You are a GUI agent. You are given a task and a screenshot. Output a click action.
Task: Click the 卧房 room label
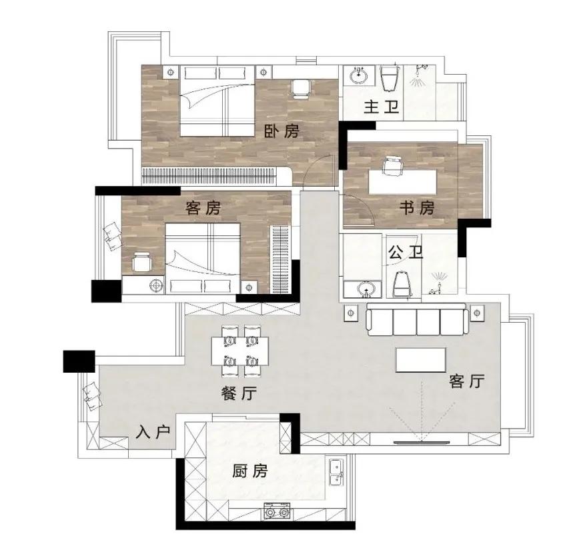pyautogui.click(x=281, y=131)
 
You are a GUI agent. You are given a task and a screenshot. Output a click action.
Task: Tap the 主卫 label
pyautogui.click(x=381, y=107)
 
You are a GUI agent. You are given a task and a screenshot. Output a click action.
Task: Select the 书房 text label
pyautogui.click(x=416, y=208)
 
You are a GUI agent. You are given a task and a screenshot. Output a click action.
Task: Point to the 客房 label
pyautogui.click(x=203, y=208)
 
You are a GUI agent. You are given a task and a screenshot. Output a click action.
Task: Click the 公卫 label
pyautogui.click(x=406, y=252)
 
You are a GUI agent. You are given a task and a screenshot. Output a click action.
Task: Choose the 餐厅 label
pyautogui.click(x=239, y=393)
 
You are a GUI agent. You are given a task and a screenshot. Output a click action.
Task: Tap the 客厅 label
pyautogui.click(x=467, y=381)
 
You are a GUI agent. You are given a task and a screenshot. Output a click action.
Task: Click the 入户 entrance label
pyautogui.click(x=153, y=431)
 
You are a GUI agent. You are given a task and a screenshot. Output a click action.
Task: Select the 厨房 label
pyautogui.click(x=250, y=471)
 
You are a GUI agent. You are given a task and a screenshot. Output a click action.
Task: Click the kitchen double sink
pyautogui.click(x=337, y=473)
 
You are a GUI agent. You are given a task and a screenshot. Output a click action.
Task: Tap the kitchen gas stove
pyautogui.click(x=277, y=511)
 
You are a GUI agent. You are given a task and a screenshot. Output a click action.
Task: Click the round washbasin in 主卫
pyautogui.click(x=358, y=75)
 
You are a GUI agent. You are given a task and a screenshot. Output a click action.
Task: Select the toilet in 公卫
pyautogui.click(x=402, y=285)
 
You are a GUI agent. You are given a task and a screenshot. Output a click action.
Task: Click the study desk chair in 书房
pyautogui.click(x=392, y=165)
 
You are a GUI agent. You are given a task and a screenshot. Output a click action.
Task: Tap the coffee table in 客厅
pyautogui.click(x=421, y=360)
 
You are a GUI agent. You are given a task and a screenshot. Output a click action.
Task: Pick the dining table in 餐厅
pyautogui.click(x=240, y=351)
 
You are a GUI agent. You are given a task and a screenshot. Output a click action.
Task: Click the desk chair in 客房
pyautogui.click(x=141, y=262)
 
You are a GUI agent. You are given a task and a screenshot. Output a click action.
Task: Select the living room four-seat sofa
pyautogui.click(x=418, y=320)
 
